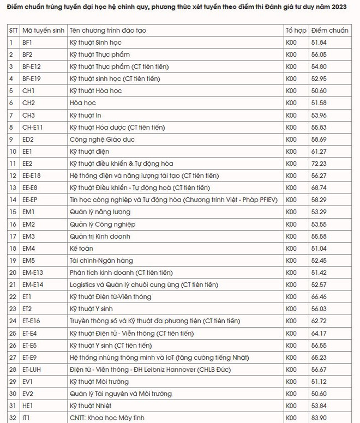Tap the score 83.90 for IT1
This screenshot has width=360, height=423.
pyautogui.click(x=324, y=418)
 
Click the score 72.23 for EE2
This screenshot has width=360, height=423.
pyautogui.click(x=324, y=163)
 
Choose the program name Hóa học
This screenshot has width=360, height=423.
pyautogui.click(x=83, y=103)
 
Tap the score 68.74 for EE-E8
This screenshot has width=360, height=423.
pyautogui.click(x=324, y=188)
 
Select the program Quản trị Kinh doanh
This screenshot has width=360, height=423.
pyautogui.click(x=100, y=236)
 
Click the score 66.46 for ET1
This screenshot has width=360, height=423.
pyautogui.click(x=324, y=297)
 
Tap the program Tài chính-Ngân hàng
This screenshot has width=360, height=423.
pyautogui.click(x=102, y=260)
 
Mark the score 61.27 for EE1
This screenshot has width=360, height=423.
pyautogui.click(x=324, y=151)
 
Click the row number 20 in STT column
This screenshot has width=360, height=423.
pyautogui.click(x=13, y=272)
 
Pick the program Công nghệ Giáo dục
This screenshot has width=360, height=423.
pyautogui.click(x=102, y=139)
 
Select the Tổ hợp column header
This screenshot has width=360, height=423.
pyautogui.click(x=296, y=31)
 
